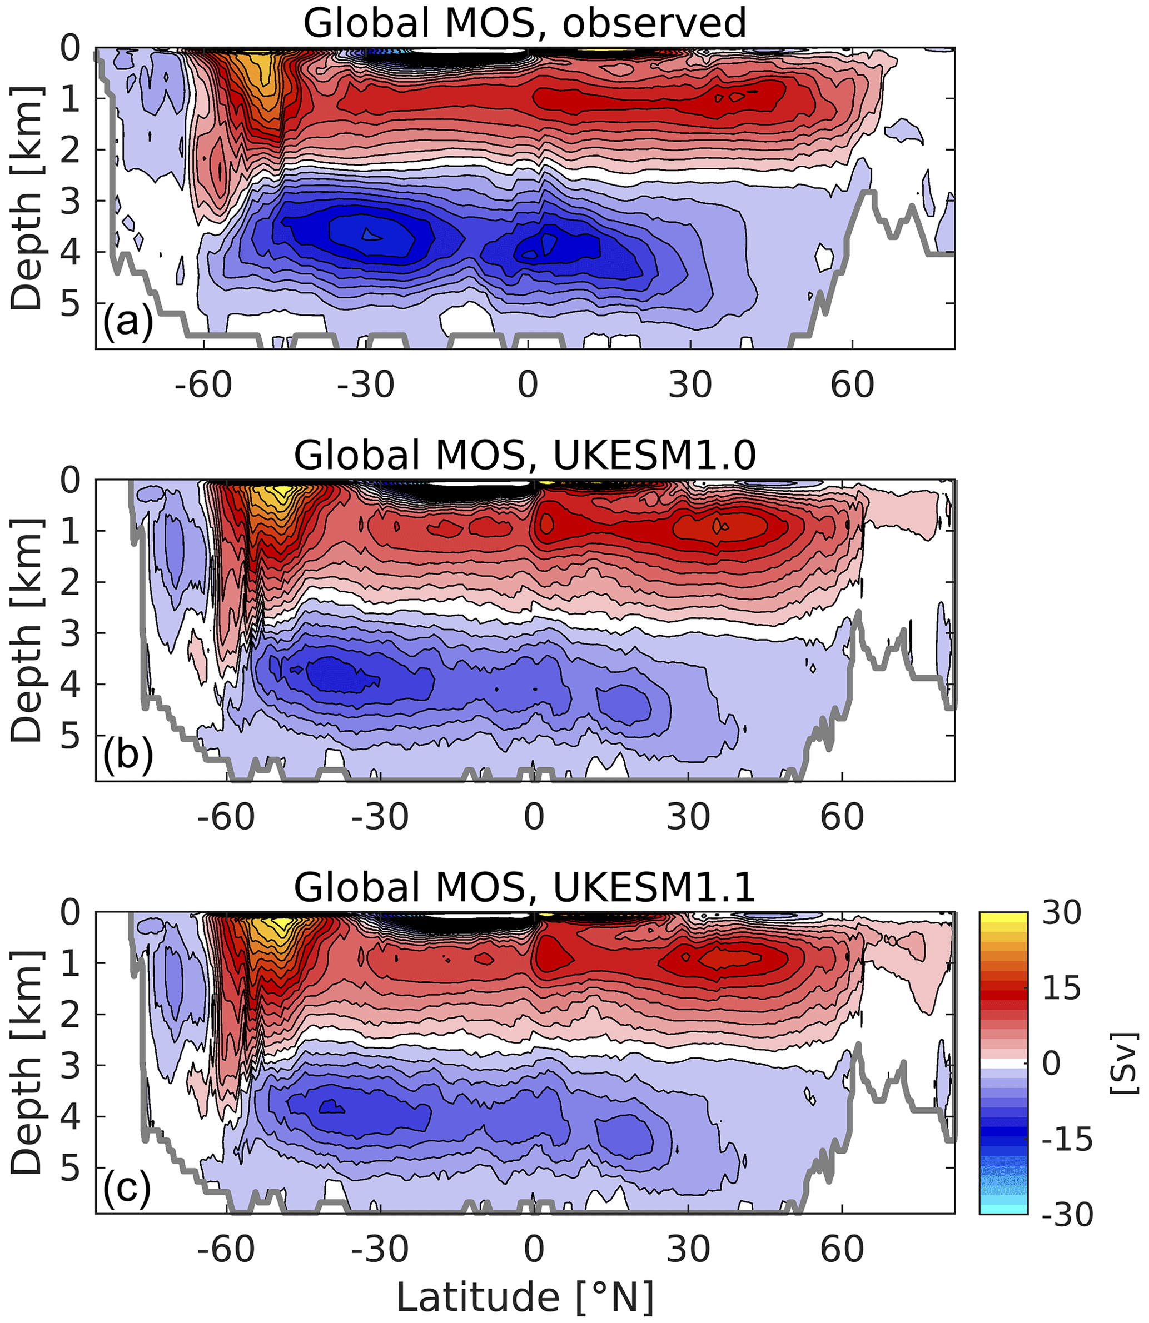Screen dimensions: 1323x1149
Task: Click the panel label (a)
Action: (128, 321)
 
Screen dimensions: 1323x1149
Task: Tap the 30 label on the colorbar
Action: (1061, 913)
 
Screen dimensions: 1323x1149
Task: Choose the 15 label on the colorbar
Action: (1061, 988)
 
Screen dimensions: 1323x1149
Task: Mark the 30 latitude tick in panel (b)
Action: (688, 817)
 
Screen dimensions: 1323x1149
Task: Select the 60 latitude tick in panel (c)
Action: (842, 1249)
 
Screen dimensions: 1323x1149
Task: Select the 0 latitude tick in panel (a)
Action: (528, 385)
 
